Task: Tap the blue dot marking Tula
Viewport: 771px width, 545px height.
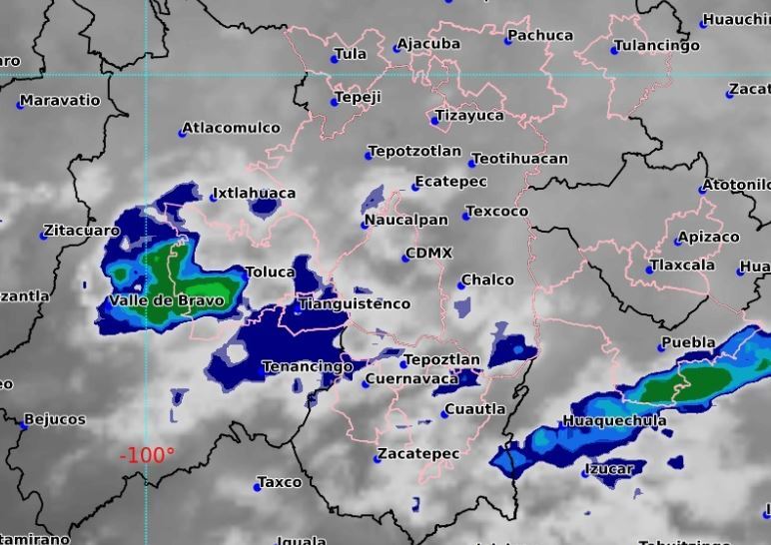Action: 335,60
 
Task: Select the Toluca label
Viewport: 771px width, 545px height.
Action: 270,272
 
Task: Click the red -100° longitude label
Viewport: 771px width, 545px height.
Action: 147,455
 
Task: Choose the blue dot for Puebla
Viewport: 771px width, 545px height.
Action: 661,347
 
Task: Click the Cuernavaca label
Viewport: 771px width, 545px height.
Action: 411,379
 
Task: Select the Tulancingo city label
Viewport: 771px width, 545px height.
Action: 657,46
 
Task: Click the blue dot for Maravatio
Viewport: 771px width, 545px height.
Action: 20,104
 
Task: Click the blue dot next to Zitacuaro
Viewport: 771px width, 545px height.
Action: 44,236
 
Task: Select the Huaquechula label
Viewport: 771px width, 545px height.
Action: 615,421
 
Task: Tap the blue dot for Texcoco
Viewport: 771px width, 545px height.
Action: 466,216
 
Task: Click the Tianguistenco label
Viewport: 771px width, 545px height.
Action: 355,303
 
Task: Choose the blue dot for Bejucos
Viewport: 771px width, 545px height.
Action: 23,424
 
